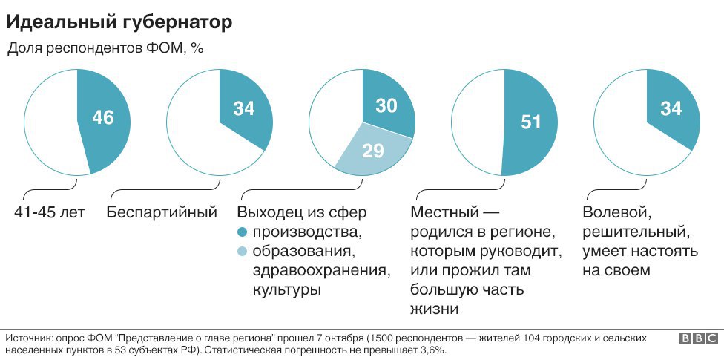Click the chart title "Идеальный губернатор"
pyautogui.click(x=119, y=22)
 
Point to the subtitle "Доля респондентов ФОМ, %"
pyautogui.click(x=105, y=48)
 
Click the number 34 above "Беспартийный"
pyautogui.click(x=243, y=109)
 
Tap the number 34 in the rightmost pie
pyautogui.click(x=671, y=109)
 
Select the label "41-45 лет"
pyautogui.click(x=50, y=213)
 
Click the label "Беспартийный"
pyautogui.click(x=162, y=213)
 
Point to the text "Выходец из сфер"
pyautogui.click(x=302, y=213)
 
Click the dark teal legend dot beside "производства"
pyautogui.click(x=243, y=232)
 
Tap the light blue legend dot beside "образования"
pyautogui.click(x=243, y=252)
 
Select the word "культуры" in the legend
pyautogui.click(x=286, y=289)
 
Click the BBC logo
pyautogui.click(x=697, y=338)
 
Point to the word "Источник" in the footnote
pyautogui.click(x=27, y=338)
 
